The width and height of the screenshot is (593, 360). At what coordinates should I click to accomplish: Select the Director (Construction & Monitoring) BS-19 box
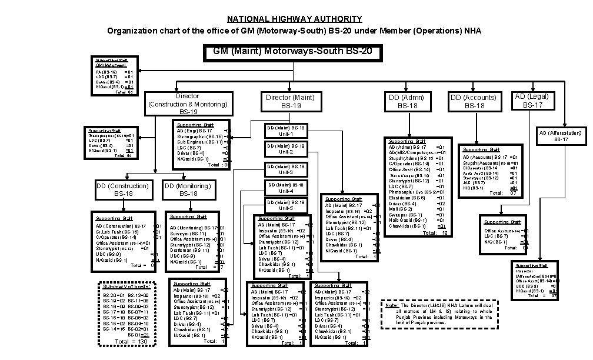[187, 104]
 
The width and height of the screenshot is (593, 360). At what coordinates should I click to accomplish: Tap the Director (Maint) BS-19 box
[290, 101]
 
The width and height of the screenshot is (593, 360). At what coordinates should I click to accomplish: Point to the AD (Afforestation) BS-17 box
[560, 136]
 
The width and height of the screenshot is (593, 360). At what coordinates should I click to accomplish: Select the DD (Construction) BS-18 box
[123, 189]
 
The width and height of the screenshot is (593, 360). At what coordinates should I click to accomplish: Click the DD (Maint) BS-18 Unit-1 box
[285, 130]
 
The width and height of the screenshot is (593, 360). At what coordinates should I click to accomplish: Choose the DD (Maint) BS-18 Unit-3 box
[285, 169]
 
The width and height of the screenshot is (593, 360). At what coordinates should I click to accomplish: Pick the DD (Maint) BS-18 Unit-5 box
[285, 205]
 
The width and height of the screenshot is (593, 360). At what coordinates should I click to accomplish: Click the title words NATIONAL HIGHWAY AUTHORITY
[294, 19]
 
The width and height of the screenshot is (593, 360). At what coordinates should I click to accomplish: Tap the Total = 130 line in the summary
[131, 341]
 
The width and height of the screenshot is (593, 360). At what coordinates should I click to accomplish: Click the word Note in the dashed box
[392, 305]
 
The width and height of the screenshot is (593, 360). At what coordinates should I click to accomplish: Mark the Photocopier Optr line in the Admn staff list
[412, 192]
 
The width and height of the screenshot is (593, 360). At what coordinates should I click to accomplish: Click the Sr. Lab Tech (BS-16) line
[118, 231]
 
